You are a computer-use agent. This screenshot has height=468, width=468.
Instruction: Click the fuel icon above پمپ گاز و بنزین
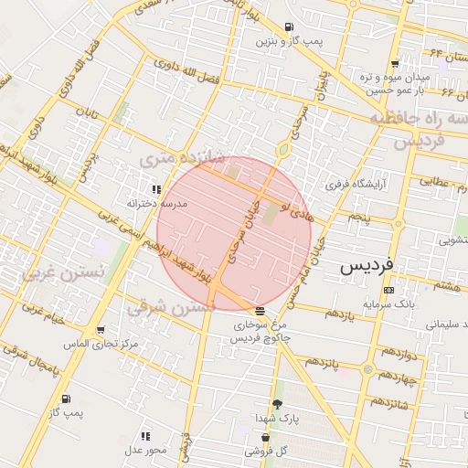coord(289,27)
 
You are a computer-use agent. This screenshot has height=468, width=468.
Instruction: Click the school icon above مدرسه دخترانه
coord(156,190)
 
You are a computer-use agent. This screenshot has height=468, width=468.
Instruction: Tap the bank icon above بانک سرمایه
coord(389,290)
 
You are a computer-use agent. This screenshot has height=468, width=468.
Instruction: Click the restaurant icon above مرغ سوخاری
coord(261,312)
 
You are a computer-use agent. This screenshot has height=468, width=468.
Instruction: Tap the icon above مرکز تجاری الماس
coord(101,331)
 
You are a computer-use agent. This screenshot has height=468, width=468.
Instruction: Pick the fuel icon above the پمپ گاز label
coord(67,399)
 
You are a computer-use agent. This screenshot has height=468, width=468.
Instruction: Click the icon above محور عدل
coord(145,437)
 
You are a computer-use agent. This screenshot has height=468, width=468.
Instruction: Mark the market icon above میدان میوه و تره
coord(394,64)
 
